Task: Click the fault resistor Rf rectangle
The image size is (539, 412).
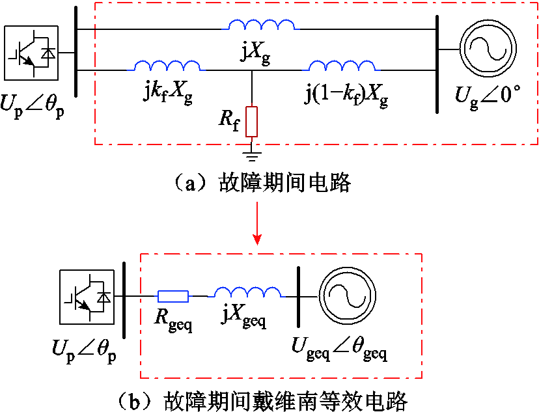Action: point(252,122)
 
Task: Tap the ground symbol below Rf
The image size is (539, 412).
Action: point(252,156)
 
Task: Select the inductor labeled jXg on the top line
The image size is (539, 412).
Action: point(262,25)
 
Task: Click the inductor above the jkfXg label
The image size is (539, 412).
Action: point(167,66)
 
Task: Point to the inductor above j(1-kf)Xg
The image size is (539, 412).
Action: point(342,66)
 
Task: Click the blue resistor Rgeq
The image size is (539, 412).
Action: point(173,296)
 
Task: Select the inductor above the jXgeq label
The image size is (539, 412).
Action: point(248,292)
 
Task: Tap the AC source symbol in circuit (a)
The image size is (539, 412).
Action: point(488,48)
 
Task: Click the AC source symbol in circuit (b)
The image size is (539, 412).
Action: point(347,296)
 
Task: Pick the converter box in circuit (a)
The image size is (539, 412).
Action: point(31,53)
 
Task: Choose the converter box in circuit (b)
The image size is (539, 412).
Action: point(87,297)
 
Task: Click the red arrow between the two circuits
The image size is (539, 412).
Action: point(256,223)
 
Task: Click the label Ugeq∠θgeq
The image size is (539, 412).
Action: point(339,350)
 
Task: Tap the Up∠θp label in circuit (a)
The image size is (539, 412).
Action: point(33,106)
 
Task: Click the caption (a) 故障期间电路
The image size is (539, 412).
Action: point(261,182)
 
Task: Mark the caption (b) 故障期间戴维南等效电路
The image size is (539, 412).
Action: point(262,401)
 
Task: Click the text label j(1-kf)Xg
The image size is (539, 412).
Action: point(346,96)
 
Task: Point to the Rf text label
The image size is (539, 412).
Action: point(229,120)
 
